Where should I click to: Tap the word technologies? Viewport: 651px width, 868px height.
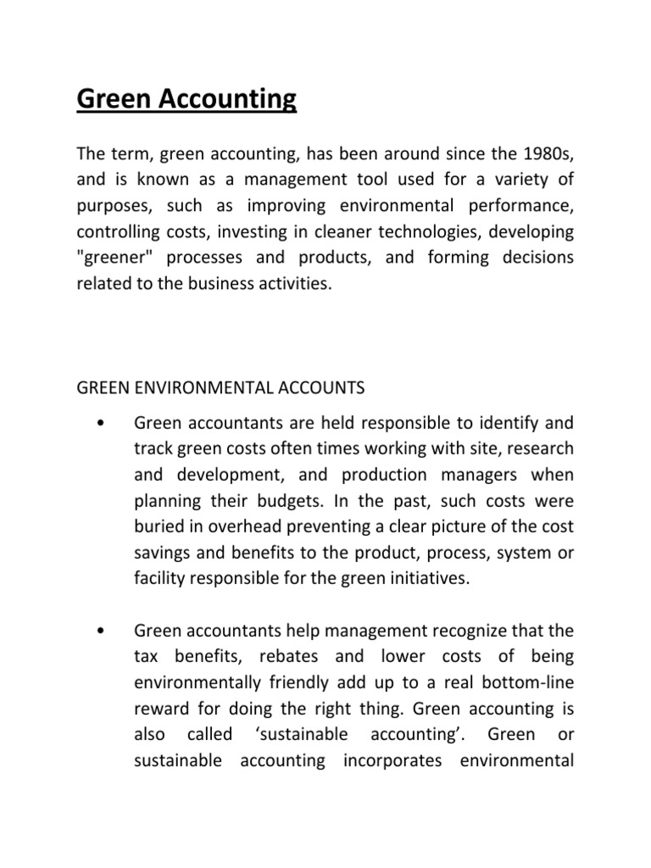click(x=398, y=231)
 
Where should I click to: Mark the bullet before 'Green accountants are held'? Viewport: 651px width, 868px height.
click(x=101, y=421)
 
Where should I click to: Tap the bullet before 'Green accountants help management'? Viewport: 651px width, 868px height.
click(x=101, y=631)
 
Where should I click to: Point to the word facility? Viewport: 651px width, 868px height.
click(x=159, y=579)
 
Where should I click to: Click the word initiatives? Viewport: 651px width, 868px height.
click(x=398, y=579)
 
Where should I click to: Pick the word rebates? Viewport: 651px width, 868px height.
click(x=276, y=657)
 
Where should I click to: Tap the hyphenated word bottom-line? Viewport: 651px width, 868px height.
click(x=529, y=683)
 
